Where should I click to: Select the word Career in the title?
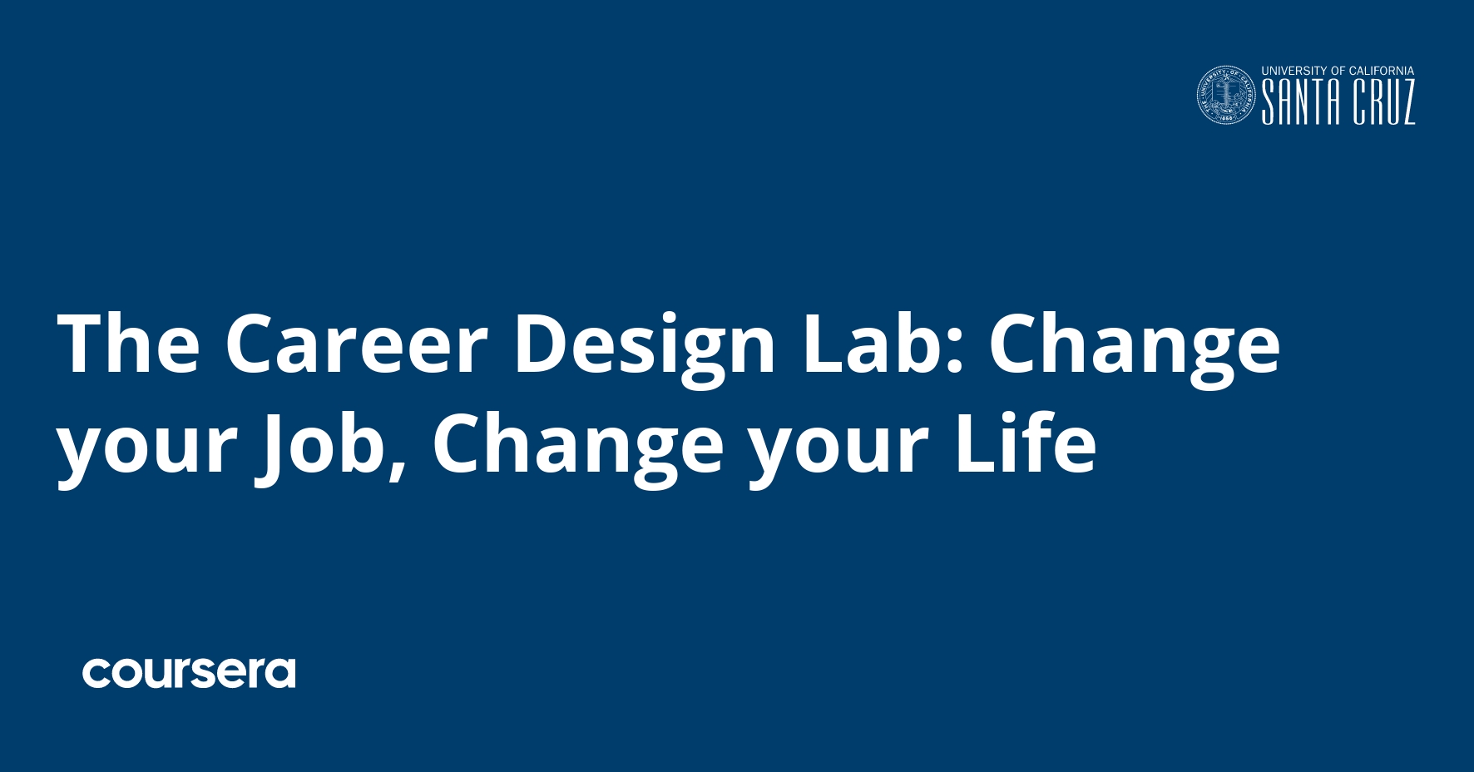click(x=356, y=344)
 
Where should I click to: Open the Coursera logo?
click(x=189, y=673)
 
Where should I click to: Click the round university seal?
click(x=1226, y=96)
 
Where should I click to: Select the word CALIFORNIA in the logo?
click(x=1382, y=72)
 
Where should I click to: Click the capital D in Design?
click(x=539, y=344)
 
